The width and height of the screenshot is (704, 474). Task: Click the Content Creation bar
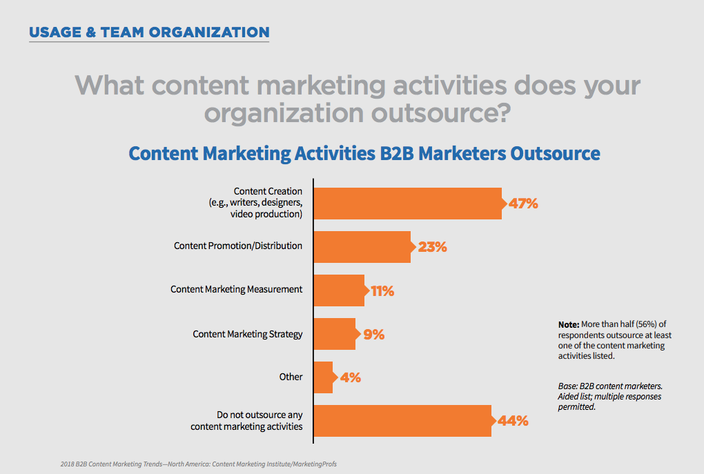407,203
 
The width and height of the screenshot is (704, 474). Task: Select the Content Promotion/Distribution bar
362,246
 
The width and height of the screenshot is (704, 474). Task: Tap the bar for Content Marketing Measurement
339,290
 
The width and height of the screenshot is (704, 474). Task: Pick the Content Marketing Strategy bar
334,334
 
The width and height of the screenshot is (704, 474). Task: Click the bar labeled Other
323,377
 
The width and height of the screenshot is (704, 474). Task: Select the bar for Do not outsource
402,421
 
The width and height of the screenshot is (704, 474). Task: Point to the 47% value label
522,204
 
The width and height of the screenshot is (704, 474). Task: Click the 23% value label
432,247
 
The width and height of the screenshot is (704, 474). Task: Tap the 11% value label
382,291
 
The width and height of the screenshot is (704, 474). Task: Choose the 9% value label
373,335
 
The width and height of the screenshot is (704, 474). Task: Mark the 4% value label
350,378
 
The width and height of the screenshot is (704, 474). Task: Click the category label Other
291,377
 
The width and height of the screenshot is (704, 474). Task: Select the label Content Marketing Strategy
247,334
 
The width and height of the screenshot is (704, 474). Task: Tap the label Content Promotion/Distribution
237,246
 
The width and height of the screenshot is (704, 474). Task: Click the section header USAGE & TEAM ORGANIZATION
149,32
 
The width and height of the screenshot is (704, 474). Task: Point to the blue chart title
364,152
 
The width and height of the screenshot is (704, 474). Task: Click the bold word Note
569,324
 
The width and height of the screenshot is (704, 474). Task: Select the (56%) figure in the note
643,324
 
